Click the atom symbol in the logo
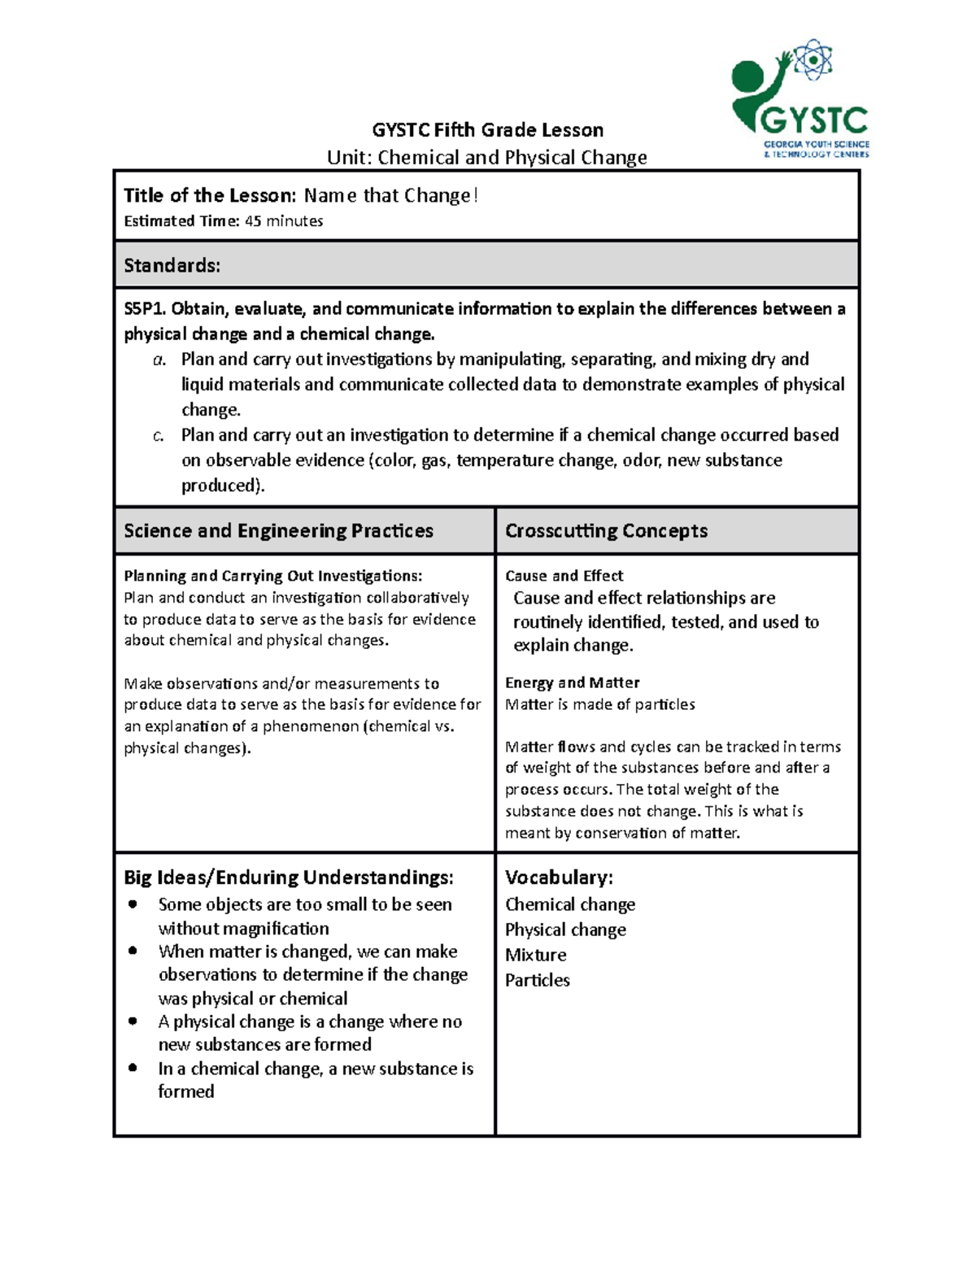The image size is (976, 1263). (813, 60)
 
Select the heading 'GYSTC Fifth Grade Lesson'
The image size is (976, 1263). (487, 130)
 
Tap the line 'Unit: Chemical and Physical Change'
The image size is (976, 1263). (486, 157)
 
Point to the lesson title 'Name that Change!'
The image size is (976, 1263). (390, 196)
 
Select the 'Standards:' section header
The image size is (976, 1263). (172, 266)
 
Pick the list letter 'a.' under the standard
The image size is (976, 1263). (159, 359)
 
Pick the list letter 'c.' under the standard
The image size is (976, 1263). (159, 436)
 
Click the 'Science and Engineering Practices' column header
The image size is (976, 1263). (278, 531)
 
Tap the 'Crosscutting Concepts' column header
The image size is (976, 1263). (606, 531)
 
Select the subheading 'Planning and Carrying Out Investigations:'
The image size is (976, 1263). (272, 576)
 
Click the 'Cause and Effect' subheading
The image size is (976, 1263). (564, 576)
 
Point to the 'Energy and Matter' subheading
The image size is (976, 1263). (572, 682)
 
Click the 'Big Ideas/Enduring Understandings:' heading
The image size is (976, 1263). (288, 878)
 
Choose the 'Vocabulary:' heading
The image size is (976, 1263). (559, 878)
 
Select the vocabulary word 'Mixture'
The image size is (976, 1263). (535, 955)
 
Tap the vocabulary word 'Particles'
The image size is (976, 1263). (537, 980)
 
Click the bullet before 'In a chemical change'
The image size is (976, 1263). (133, 1068)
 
